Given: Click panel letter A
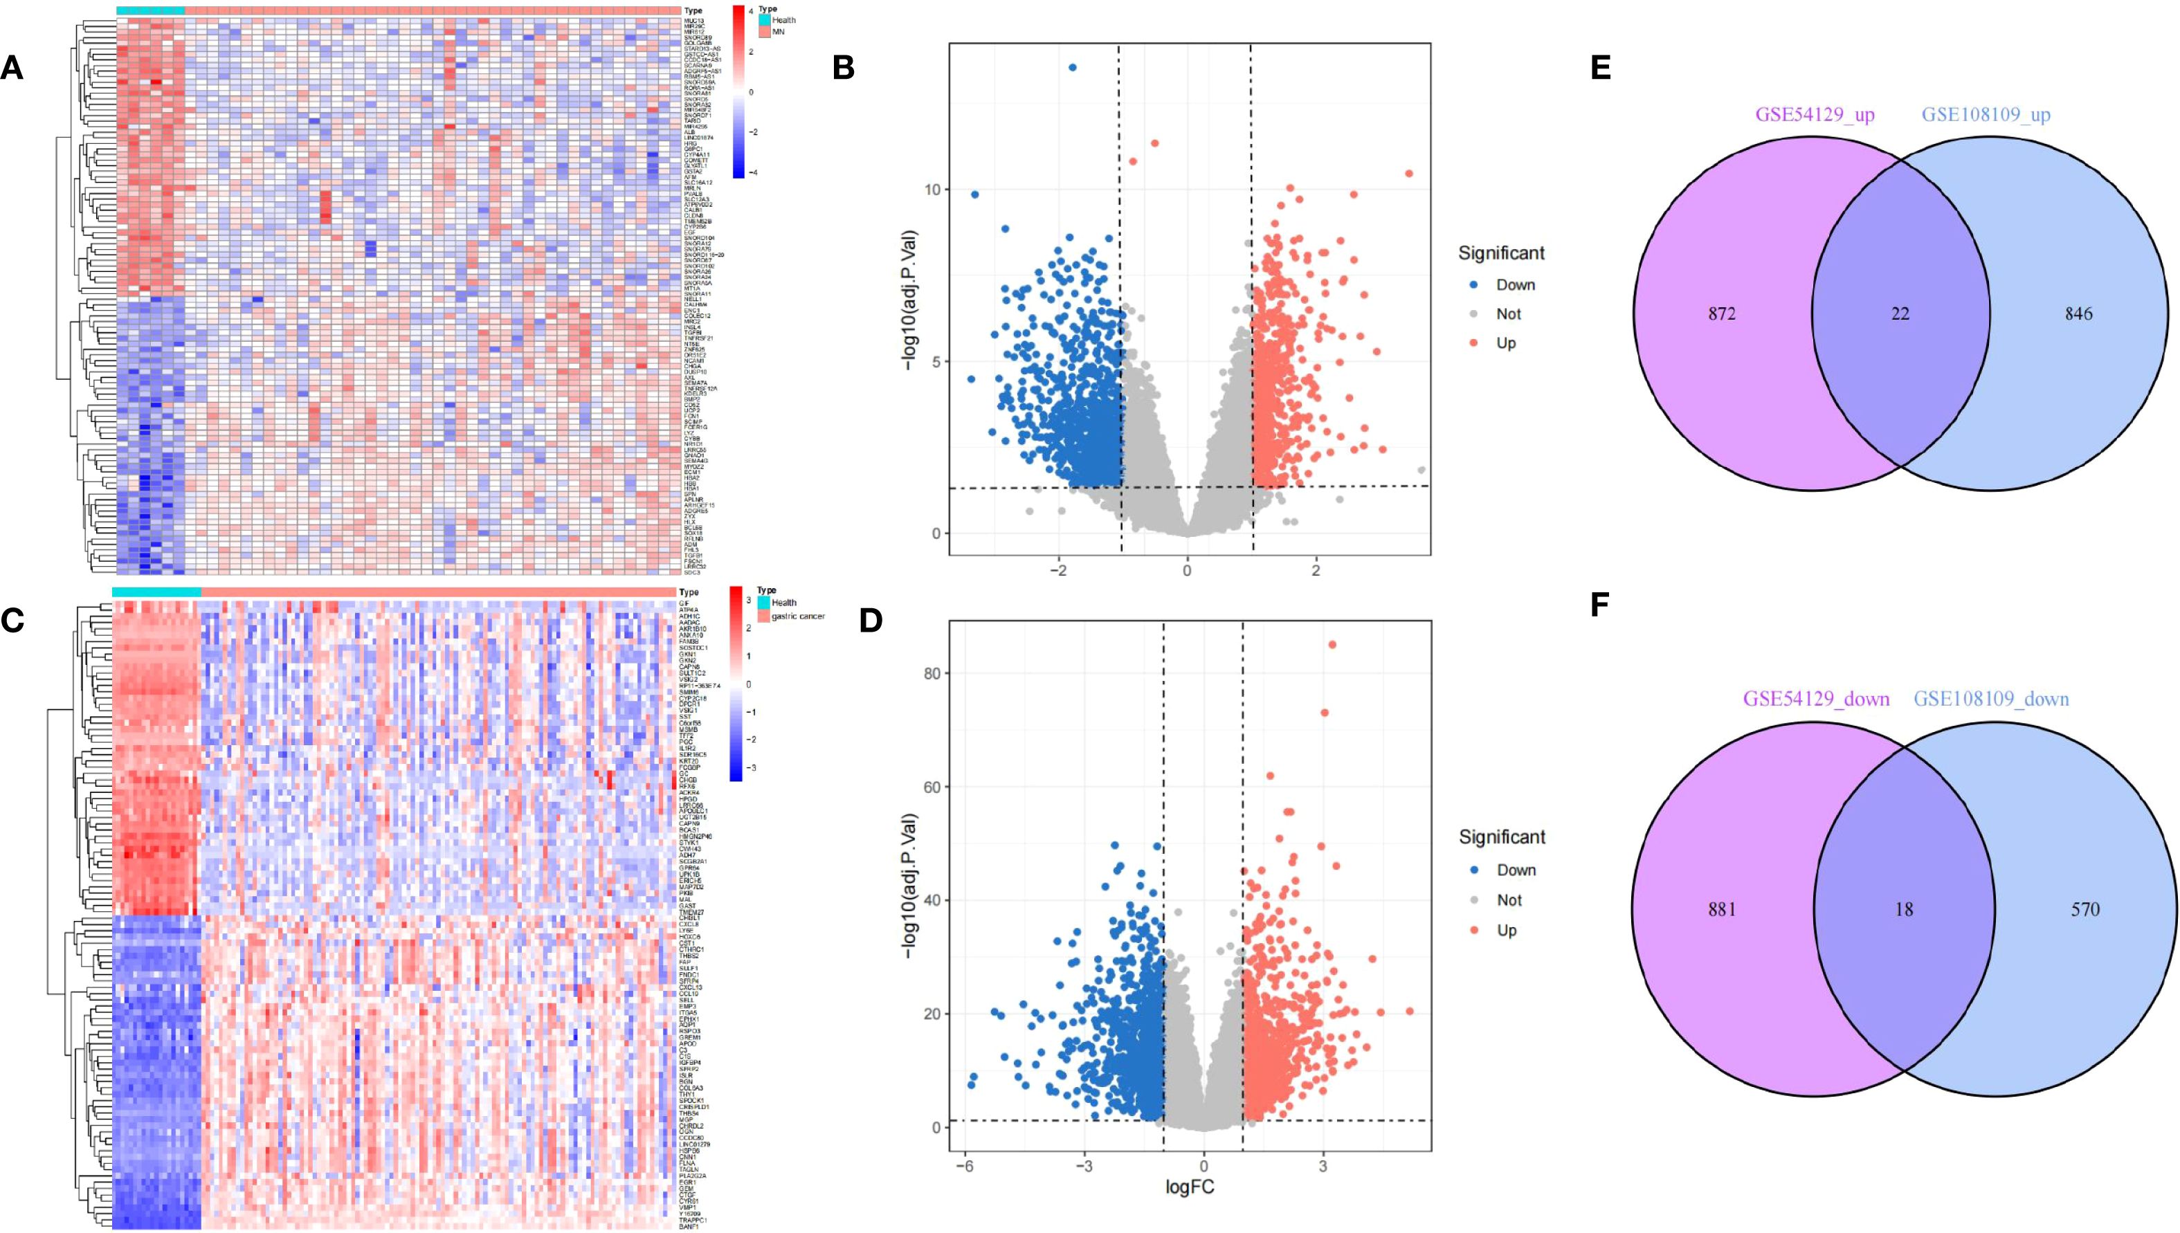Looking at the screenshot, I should (x=12, y=67).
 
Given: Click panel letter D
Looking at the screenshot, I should (x=871, y=620).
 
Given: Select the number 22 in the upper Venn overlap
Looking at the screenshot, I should (x=1900, y=313).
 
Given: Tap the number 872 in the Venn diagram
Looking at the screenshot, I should (x=1721, y=313).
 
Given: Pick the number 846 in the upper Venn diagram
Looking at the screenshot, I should (x=2078, y=313).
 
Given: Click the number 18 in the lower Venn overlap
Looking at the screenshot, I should (x=1903, y=909).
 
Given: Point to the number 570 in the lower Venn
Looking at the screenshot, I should (x=2084, y=909).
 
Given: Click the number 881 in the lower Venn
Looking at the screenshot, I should (x=1721, y=909).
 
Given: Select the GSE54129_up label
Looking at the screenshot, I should (x=1814, y=114).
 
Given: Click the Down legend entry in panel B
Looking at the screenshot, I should (x=1514, y=285).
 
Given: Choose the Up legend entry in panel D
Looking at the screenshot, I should (x=1506, y=930).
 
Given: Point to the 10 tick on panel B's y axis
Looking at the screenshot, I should (x=932, y=190).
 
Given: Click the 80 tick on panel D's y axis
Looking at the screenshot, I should (x=932, y=673).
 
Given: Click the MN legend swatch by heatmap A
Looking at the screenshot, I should (x=764, y=31).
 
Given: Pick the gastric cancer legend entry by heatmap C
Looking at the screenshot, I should (x=764, y=616).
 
